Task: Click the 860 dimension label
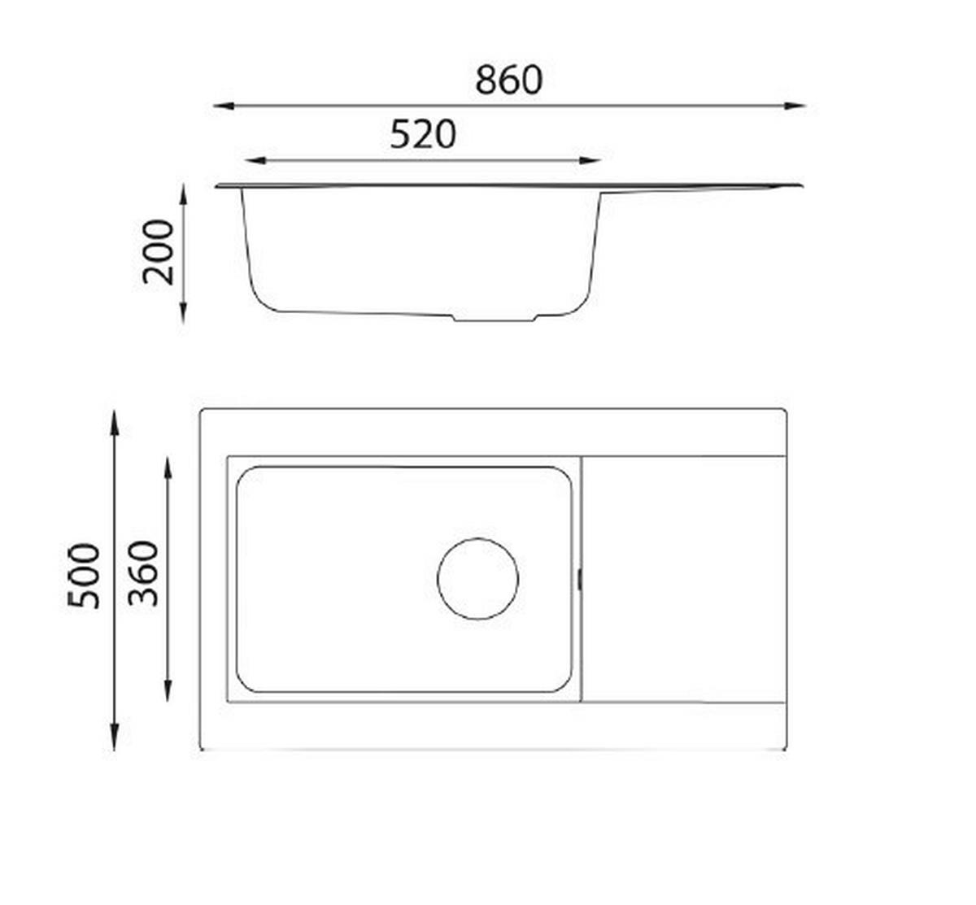point(508,80)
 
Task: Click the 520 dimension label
point(423,135)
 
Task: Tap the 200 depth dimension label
point(159,252)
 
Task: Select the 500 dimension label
point(84,576)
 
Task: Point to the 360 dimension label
point(143,573)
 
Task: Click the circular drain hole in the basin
point(477,579)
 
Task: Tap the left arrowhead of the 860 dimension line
point(224,106)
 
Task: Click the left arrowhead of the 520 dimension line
point(255,160)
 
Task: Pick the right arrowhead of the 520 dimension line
point(590,160)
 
